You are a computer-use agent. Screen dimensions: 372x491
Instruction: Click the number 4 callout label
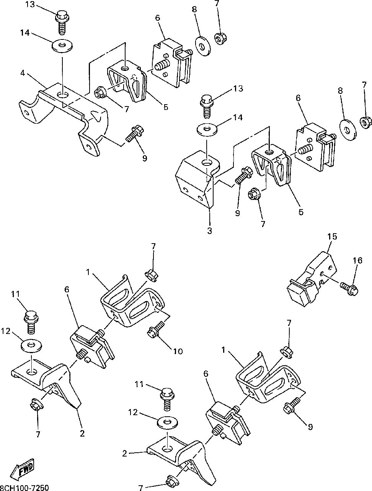click(x=23, y=73)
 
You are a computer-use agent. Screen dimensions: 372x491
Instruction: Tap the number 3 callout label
click(x=209, y=231)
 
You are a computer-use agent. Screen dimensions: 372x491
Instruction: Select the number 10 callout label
click(x=178, y=351)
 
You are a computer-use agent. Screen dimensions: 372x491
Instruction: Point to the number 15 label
click(x=332, y=236)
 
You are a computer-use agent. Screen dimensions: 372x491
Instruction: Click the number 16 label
click(x=358, y=260)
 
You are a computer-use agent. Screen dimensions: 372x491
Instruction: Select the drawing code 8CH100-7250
click(x=24, y=488)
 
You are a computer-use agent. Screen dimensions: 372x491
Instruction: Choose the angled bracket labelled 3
click(x=197, y=177)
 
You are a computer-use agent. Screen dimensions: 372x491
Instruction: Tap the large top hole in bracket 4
click(x=63, y=95)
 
